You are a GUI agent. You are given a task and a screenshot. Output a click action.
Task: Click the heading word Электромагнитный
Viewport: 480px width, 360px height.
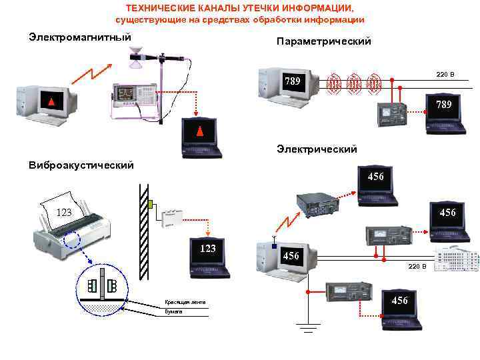(x=79, y=36)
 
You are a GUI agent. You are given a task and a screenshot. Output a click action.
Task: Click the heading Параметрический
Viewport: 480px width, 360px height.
(x=323, y=42)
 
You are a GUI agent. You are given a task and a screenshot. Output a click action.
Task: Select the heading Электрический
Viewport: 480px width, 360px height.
(x=317, y=149)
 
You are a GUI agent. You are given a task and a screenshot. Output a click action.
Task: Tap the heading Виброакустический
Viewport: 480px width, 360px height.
(x=81, y=165)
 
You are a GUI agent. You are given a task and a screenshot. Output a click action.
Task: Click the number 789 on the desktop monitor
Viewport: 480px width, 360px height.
(x=293, y=81)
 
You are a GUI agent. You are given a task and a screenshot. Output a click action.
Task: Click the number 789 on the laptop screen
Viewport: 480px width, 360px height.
(x=444, y=105)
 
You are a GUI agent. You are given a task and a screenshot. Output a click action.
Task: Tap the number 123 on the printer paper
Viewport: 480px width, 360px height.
(x=64, y=213)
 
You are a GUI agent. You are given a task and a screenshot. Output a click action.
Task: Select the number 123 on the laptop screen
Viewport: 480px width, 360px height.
(x=208, y=249)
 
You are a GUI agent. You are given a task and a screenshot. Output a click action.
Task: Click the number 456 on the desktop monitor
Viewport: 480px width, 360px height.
(x=291, y=255)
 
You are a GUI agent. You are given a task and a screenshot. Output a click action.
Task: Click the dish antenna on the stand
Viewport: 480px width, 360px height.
(x=139, y=59)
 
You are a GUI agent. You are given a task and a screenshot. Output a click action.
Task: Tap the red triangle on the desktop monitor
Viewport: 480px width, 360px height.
(x=50, y=101)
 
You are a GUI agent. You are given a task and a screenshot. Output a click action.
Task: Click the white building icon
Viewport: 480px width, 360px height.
(x=456, y=258)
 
